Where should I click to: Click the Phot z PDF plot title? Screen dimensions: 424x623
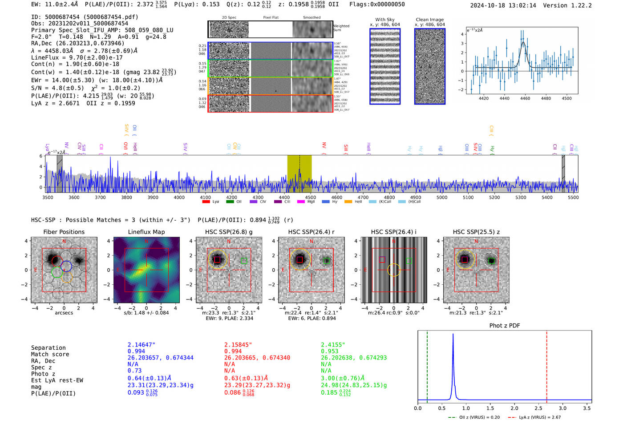point(504,325)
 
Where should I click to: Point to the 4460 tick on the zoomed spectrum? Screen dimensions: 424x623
point(525,98)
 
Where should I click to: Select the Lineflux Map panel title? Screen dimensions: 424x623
point(146,232)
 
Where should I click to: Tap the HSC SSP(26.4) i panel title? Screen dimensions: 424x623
point(393,232)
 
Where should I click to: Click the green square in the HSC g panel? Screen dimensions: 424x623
point(243,261)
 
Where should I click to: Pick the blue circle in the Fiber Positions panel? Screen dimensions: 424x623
point(66,266)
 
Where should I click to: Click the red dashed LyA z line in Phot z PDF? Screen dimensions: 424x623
point(546,365)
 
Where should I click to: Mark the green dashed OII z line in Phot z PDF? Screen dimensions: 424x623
point(427,365)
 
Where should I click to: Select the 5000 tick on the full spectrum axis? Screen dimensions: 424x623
point(441,197)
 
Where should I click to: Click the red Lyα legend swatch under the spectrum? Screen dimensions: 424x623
point(206,202)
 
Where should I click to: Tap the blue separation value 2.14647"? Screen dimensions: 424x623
point(141,345)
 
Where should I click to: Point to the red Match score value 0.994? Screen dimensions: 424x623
point(233,351)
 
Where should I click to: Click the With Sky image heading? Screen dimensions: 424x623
point(384,20)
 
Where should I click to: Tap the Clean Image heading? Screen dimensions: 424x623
point(429,20)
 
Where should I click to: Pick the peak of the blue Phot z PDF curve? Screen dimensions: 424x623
point(453,334)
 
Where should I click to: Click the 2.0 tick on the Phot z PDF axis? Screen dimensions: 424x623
point(514,408)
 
